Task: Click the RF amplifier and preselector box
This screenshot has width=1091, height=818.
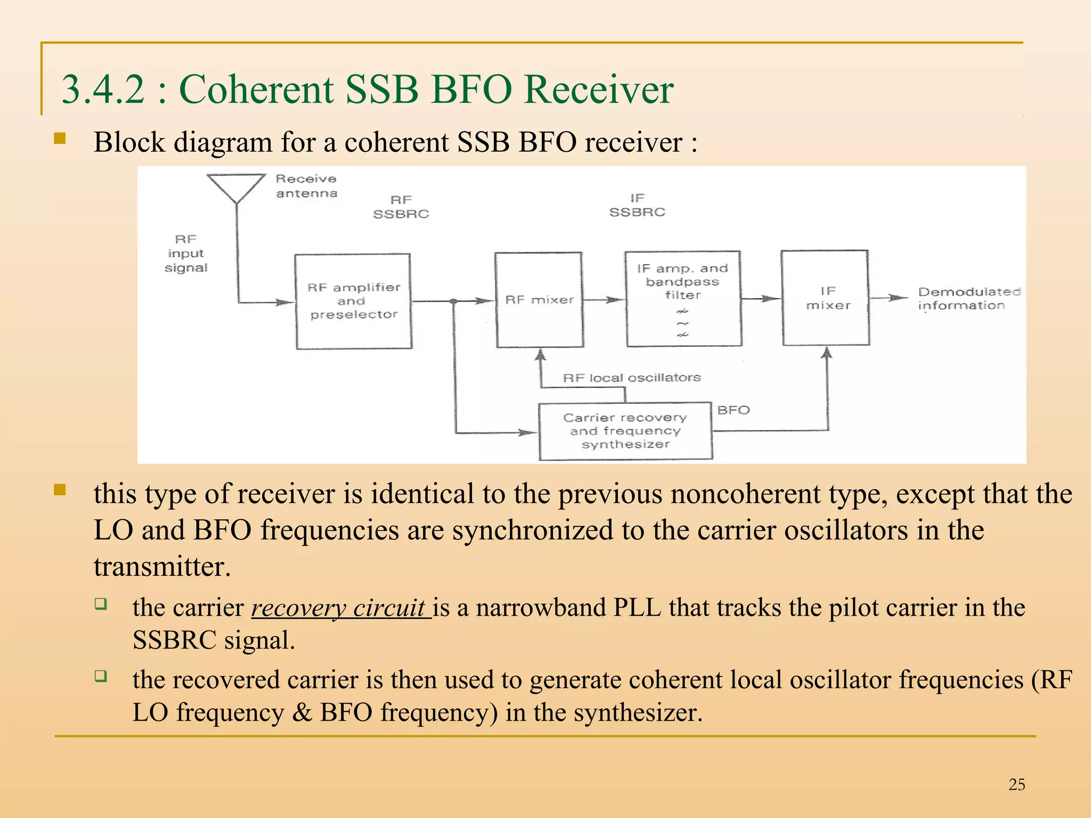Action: [x=353, y=301]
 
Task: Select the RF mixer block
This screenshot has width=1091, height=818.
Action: [x=539, y=300]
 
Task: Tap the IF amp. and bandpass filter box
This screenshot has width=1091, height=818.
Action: [x=683, y=299]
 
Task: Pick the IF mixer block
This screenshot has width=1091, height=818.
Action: [x=825, y=298]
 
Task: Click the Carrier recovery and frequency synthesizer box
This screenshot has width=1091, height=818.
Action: [x=625, y=431]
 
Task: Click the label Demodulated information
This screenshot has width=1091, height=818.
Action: [x=968, y=298]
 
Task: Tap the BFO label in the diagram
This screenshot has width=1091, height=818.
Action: [x=733, y=410]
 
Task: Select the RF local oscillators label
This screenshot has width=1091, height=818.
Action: [x=631, y=378]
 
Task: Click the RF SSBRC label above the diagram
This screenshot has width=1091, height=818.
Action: [x=401, y=207]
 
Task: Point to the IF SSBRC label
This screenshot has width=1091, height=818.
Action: [x=637, y=205]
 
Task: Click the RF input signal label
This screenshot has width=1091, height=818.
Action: [x=185, y=253]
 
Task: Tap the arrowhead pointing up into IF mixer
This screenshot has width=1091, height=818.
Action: [x=826, y=353]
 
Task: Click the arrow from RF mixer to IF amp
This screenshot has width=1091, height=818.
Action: [x=604, y=300]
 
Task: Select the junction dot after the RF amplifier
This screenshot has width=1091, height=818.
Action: [x=453, y=301]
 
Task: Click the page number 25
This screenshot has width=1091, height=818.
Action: [x=1016, y=784]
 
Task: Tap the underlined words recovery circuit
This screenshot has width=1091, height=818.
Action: [x=340, y=608]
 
